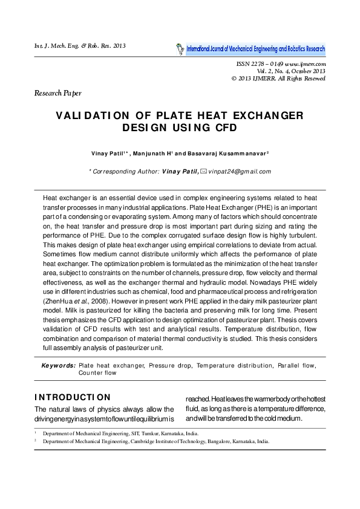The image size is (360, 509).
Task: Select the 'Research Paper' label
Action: (57, 93)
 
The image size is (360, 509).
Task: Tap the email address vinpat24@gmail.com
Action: (238, 171)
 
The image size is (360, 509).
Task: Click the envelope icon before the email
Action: (203, 171)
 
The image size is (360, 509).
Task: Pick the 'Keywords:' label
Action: (58, 366)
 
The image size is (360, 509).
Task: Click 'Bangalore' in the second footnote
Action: (209, 441)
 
